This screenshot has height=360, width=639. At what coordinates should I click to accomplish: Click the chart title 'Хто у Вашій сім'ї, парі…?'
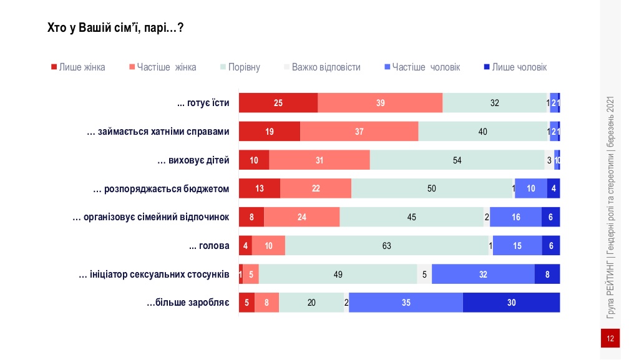coord(115,28)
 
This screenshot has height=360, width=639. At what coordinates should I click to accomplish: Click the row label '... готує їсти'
coord(203,103)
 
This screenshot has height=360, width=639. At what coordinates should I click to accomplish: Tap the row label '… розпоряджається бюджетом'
coord(161,188)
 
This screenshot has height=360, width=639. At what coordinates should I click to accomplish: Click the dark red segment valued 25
coord(278,103)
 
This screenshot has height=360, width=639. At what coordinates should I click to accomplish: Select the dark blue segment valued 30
coord(511,303)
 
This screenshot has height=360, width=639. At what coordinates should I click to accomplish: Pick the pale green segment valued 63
coord(387,246)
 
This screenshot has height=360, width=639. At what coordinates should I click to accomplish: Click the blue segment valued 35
coord(406,303)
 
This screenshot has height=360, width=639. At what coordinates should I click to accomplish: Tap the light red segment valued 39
coord(380,103)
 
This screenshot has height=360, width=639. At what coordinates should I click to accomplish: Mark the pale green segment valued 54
coord(457,160)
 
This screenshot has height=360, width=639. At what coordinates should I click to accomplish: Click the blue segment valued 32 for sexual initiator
coord(483,274)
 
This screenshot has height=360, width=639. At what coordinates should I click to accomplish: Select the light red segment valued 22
coord(316,188)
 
